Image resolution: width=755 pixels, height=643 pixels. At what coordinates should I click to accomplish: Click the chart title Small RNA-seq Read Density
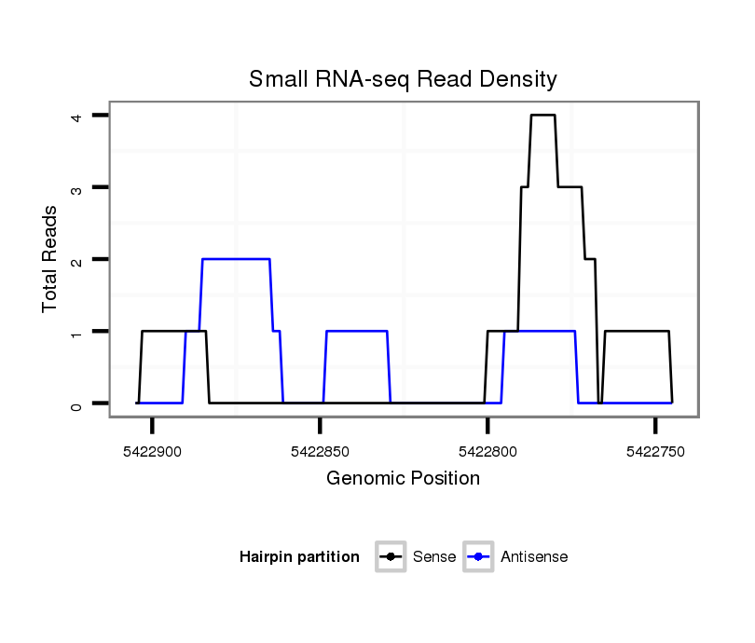403,79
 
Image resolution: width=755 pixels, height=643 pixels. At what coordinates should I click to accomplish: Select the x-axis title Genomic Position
403,479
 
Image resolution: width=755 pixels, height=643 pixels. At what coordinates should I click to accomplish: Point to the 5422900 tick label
152,452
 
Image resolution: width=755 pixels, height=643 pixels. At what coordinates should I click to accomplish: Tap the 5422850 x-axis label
320,452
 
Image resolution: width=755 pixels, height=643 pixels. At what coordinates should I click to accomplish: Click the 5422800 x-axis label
487,452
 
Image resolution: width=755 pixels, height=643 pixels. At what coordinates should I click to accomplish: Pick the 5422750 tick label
655,452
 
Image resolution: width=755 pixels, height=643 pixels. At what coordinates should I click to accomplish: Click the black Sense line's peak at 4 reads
542,116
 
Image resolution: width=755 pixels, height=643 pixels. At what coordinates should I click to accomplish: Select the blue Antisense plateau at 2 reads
236,259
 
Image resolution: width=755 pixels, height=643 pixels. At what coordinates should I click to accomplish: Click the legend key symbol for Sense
391,557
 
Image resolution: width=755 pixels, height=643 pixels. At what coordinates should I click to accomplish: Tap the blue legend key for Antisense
478,557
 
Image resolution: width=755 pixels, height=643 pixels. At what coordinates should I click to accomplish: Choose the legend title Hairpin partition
299,557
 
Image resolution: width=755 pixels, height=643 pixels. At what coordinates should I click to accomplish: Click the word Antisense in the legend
534,557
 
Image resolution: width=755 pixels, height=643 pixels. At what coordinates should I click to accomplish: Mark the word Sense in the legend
434,557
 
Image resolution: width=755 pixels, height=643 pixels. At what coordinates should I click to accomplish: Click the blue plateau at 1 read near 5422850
356,332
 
